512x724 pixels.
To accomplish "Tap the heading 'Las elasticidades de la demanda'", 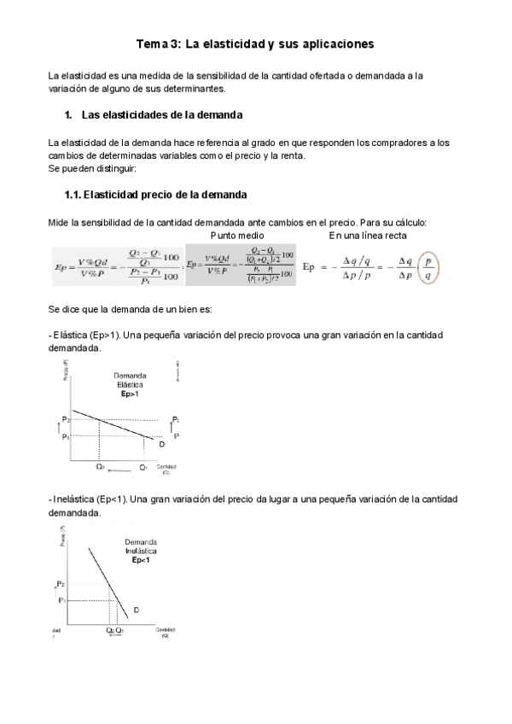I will point(162,114).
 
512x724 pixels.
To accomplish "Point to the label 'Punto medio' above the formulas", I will point(236,235).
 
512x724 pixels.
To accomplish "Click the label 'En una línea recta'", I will point(368,235).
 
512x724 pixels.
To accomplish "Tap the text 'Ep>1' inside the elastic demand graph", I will point(131,395).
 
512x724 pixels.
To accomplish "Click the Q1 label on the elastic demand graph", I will point(143,468).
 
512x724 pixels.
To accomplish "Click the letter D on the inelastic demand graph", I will point(137,610).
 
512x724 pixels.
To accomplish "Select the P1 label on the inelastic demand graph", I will point(62,600).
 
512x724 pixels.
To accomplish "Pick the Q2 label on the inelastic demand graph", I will point(109,630).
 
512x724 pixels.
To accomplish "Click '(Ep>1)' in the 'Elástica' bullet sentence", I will point(107,336).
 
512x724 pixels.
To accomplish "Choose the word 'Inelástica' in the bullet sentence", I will point(74,499).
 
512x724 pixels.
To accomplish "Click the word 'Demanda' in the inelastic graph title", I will point(140,542).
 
